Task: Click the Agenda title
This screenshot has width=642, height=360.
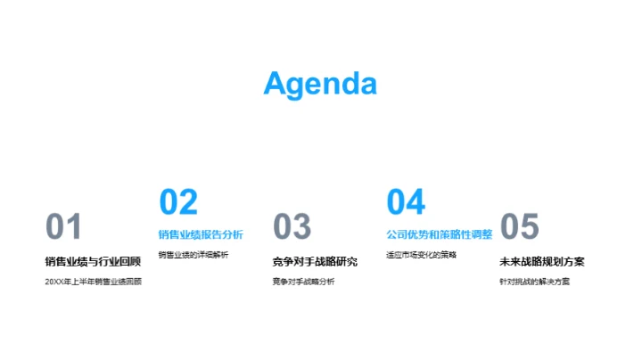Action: [x=320, y=83]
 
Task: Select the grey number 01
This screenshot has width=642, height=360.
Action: [x=63, y=228]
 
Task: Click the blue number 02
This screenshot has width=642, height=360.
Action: [x=178, y=202]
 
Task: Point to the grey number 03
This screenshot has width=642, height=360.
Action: [x=292, y=228]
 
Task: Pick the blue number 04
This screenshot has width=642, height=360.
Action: [x=406, y=202]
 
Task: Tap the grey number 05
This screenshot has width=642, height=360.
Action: [x=520, y=228]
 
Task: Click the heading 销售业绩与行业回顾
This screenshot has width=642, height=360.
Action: [x=93, y=261]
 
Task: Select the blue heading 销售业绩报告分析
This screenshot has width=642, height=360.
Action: [x=201, y=235]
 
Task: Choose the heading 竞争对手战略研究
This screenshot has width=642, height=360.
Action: [x=315, y=261]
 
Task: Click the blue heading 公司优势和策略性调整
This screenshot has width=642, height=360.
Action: [x=439, y=235]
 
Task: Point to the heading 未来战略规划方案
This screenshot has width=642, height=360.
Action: [x=542, y=261]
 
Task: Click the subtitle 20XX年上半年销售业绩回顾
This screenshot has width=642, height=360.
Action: [x=93, y=282]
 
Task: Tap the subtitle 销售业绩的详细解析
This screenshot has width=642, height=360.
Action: [x=193, y=256]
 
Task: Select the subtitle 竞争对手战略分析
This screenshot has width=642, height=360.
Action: [x=304, y=282]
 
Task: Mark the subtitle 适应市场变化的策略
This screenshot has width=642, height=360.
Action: [x=421, y=256]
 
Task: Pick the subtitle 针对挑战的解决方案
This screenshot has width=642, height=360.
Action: [x=534, y=282]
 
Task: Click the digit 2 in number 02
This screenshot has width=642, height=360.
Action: [x=188, y=202]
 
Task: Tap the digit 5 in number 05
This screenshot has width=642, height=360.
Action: [x=531, y=228]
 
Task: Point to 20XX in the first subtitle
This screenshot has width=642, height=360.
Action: [x=53, y=282]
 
